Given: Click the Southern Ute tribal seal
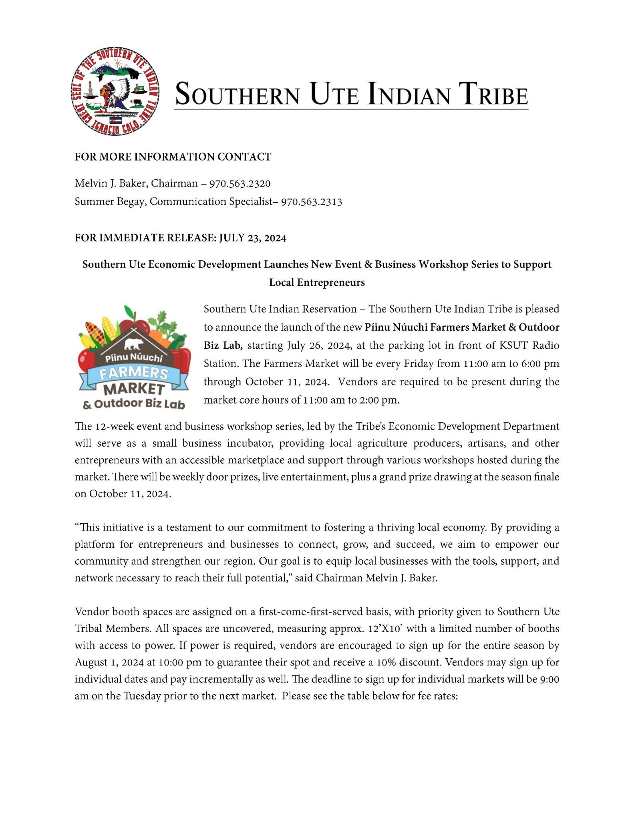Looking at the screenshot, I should (115, 91).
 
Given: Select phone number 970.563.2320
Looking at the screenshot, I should (240, 184).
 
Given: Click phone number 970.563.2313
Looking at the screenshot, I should (311, 202).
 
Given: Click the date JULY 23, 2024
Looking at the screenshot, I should (252, 238).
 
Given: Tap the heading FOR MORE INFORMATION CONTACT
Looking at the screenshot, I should (173, 157).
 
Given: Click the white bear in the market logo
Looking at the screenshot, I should (133, 344).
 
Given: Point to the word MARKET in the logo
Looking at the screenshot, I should (134, 389).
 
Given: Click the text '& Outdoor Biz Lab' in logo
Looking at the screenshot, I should (134, 404).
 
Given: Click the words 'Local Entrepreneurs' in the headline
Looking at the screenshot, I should (317, 283).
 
